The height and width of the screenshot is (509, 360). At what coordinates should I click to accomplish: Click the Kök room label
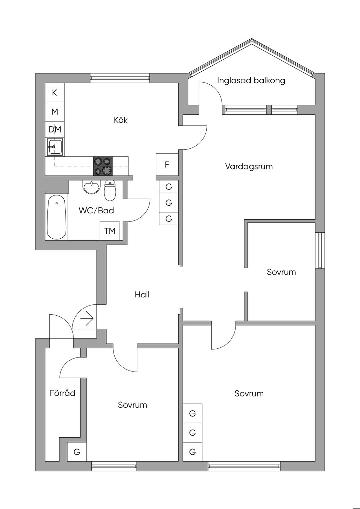point(121,120)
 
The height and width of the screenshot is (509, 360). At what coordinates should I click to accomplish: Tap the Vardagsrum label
point(249,166)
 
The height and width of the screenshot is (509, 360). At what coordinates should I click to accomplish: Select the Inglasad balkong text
point(251,80)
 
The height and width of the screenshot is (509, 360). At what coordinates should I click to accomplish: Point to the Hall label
point(142,295)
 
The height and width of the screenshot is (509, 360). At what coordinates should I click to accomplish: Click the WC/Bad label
point(96,211)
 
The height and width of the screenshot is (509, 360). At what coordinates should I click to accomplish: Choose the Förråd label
point(63,393)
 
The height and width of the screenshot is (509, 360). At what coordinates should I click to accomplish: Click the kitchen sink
point(55,147)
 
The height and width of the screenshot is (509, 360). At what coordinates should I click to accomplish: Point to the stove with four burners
point(103,166)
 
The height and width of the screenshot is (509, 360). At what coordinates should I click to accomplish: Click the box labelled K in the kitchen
point(54,92)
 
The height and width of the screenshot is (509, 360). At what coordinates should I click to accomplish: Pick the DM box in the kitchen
point(55,129)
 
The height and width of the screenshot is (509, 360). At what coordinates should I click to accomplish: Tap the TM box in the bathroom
point(110,231)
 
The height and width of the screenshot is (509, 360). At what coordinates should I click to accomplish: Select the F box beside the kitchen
point(167,165)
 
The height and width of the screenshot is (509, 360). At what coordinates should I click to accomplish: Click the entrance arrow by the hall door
point(87,319)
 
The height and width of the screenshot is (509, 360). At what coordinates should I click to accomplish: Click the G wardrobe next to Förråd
point(77,452)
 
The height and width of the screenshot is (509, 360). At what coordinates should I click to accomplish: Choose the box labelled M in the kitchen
point(54,112)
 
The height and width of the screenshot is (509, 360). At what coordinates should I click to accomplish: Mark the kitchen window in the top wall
point(120,78)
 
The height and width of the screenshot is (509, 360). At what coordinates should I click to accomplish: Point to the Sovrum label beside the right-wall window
point(281,272)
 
